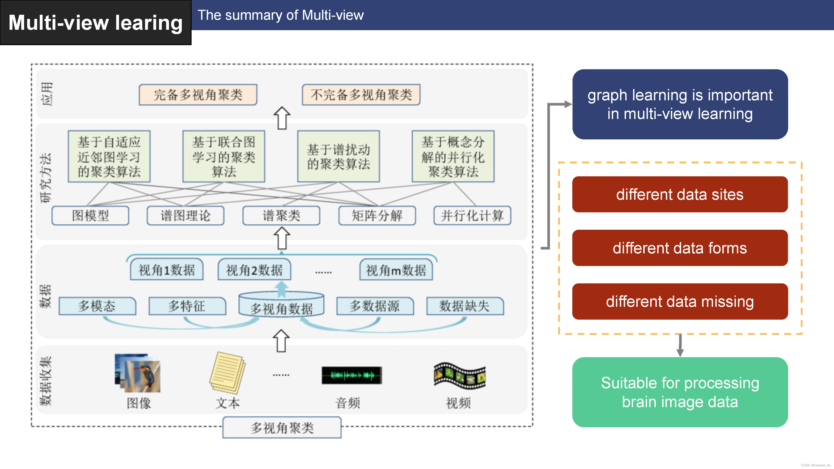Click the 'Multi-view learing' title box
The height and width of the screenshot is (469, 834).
[x=96, y=23]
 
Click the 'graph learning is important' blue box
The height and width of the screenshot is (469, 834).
[x=680, y=104]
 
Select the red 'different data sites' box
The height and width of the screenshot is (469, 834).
[x=680, y=195]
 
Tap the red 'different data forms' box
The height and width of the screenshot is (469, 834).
[x=680, y=248]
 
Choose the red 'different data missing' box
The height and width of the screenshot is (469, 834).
[x=680, y=301]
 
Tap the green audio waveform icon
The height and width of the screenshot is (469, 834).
[x=352, y=375]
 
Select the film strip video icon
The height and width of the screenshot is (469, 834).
[x=459, y=375]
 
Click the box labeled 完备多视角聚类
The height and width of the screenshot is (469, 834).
[x=198, y=94]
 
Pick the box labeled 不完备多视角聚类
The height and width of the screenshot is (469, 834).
[x=361, y=94]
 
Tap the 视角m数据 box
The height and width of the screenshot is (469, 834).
[x=396, y=270]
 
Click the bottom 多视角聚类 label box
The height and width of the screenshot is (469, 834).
[x=282, y=428]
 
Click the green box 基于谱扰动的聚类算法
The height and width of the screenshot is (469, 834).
[x=338, y=157]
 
